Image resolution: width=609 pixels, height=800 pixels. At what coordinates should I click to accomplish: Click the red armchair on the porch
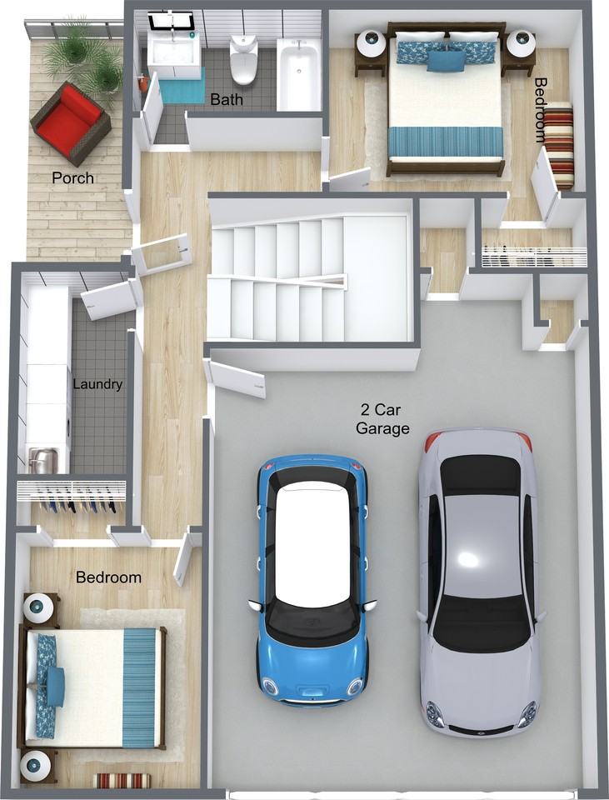tap(70, 123)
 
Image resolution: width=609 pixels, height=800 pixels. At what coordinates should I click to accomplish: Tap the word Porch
tap(73, 178)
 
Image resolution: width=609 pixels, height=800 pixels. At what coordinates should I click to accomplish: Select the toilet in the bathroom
tap(243, 58)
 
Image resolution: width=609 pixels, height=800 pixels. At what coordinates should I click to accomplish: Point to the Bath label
tap(227, 99)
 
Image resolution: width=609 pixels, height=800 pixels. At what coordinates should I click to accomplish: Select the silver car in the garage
tap(478, 582)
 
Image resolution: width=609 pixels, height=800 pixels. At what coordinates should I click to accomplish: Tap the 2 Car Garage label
tap(382, 419)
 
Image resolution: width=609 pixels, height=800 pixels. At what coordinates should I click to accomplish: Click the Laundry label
tap(97, 384)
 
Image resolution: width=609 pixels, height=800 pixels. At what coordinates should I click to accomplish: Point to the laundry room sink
tap(42, 458)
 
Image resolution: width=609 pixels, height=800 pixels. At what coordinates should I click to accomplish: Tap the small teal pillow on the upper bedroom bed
tap(446, 61)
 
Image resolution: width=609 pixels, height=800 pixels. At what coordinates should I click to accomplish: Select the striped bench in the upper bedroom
tap(558, 146)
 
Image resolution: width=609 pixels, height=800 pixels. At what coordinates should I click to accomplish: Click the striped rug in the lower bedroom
tap(123, 780)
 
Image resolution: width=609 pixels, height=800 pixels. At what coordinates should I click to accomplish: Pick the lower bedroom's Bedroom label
tap(108, 577)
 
